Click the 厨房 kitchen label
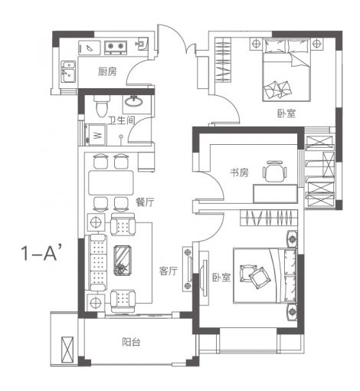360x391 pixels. pos(107,71)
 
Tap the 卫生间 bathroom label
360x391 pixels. pos(121,120)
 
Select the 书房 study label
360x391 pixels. pos(239,172)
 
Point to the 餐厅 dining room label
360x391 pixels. pos(145,202)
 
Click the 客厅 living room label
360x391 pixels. pos(169,271)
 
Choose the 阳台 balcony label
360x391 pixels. pos(131,342)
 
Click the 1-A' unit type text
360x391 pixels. pos(41,252)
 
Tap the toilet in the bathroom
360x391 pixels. pos(102,106)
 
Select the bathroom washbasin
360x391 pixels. pos(133,101)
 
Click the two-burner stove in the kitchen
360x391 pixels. pos(116,48)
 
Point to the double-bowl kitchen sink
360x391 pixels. pos(68,71)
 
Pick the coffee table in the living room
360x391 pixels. pos(123,261)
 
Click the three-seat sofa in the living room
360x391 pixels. pos(96,262)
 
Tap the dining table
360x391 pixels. pos(111,183)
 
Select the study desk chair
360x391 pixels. pos(274,171)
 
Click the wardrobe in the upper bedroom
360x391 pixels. pos(223,60)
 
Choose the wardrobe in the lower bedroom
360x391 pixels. pos(269,218)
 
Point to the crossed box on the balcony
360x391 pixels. pos(67,350)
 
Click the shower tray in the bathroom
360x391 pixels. pos(95,135)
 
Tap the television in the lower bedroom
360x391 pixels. pos(205,278)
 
